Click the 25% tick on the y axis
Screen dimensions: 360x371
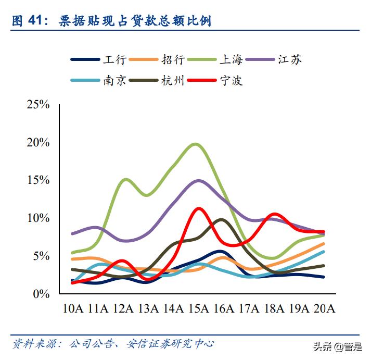pos(37,105)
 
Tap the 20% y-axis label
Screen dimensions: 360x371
pos(37,143)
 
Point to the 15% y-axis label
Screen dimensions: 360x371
pos(37,180)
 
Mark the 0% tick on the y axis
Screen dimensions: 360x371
pos(41,294)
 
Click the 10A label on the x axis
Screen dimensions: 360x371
pos(73,309)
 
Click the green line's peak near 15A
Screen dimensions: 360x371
pos(196,144)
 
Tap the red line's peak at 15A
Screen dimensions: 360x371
pos(198,208)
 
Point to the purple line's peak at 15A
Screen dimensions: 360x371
pos(198,181)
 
